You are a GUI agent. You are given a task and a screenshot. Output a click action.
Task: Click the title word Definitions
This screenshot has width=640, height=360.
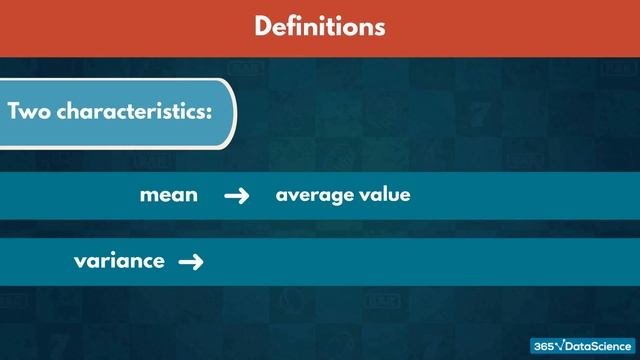pyautogui.click(x=319, y=26)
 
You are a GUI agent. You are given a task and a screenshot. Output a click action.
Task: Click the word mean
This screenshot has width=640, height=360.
pyautogui.click(x=168, y=196)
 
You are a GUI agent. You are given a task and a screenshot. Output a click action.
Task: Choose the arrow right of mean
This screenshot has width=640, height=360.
pyautogui.click(x=236, y=196)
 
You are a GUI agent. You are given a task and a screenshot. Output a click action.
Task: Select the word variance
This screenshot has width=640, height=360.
pyautogui.click(x=119, y=261)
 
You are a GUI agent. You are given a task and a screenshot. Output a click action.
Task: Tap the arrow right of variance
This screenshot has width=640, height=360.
pyautogui.click(x=190, y=262)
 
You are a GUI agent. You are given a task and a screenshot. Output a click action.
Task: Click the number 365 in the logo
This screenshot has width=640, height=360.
pyautogui.click(x=544, y=345)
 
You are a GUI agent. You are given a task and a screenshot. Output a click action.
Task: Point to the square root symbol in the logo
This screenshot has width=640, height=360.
pyautogui.click(x=562, y=345)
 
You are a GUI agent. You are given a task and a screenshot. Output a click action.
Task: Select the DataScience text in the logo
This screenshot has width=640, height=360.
pyautogui.click(x=598, y=345)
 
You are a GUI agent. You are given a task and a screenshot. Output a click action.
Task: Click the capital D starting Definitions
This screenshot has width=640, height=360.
pyautogui.click(x=263, y=26)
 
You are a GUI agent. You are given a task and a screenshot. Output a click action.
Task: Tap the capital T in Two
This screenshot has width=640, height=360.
pyautogui.click(x=14, y=111)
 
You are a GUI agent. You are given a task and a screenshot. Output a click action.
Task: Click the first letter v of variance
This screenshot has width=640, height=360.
pyautogui.click(x=79, y=262)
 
